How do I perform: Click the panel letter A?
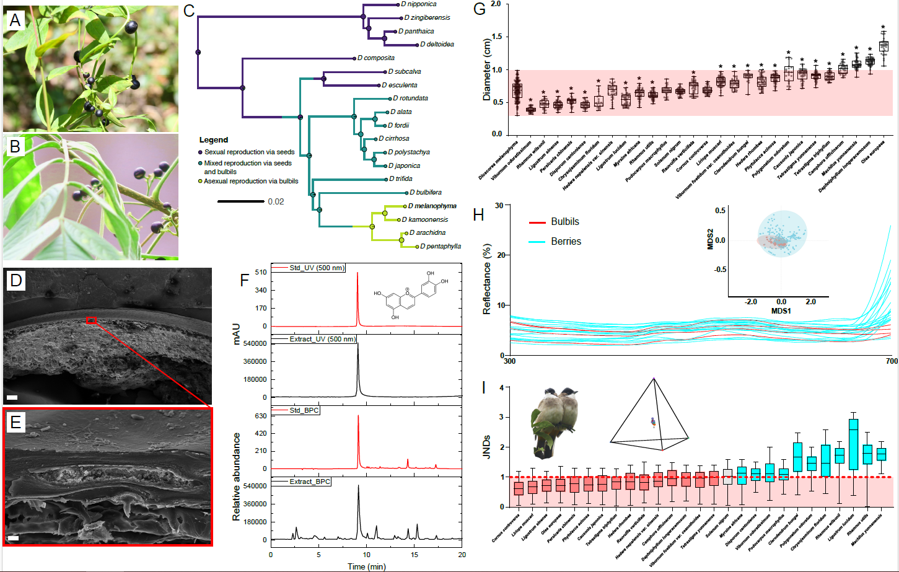click(x=15, y=20)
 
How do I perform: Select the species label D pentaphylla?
click(x=440, y=247)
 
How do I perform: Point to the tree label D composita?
click(x=375, y=58)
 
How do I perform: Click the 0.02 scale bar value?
click(x=276, y=202)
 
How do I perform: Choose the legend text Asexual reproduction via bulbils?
click(x=251, y=182)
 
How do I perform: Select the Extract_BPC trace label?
click(x=310, y=482)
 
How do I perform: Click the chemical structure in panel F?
click(x=411, y=295)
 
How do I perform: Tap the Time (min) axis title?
click(x=366, y=566)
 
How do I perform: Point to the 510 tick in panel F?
click(x=260, y=272)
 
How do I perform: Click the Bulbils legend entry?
click(x=564, y=222)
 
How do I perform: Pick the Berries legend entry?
click(x=566, y=242)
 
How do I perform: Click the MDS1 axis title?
click(x=781, y=310)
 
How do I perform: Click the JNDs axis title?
click(x=487, y=446)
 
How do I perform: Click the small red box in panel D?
click(x=92, y=320)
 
